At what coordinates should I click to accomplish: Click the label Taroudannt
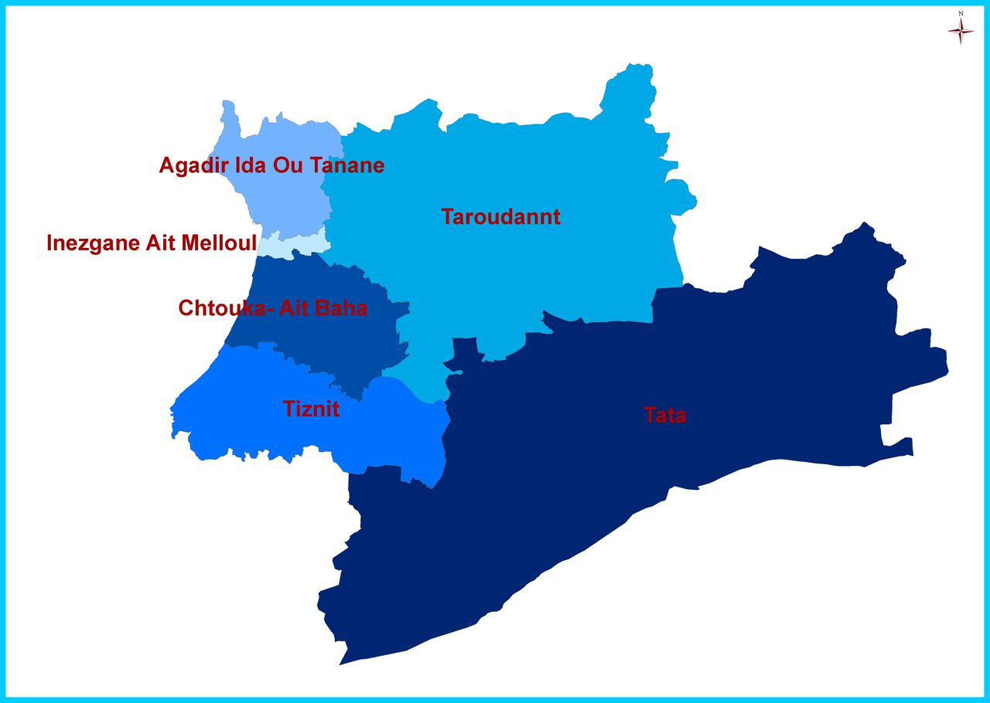pos(500,217)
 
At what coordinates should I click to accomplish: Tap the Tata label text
pos(665,416)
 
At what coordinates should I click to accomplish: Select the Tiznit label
pos(311,409)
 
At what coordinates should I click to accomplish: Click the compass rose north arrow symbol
pos(961,29)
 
